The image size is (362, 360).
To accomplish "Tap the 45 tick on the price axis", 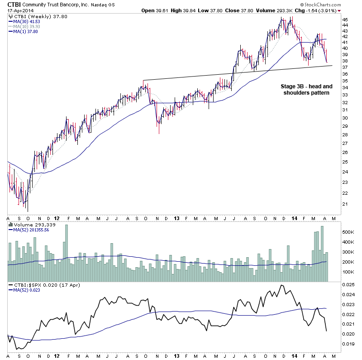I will pyautogui.click(x=345, y=20).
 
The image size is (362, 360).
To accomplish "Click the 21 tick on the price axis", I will pyautogui.click(x=345, y=204).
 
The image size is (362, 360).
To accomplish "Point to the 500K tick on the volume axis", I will pyautogui.click(x=348, y=232).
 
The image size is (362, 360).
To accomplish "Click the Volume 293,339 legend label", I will pyautogui.click(x=30, y=224).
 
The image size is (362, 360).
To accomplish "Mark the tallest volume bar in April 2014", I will pyautogui.click(x=323, y=254).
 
